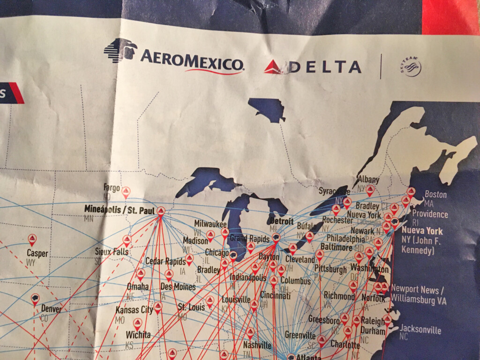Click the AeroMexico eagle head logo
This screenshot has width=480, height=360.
click(x=120, y=50)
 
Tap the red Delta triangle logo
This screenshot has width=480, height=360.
click(x=273, y=67)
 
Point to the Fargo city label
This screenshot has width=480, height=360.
click(x=112, y=187)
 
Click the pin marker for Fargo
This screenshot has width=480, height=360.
click(x=126, y=191)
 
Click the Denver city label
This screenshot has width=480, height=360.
click(x=51, y=309)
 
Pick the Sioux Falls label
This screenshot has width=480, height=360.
click(x=111, y=251)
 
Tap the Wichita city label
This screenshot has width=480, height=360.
click(x=138, y=335)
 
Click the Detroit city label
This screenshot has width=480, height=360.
click(x=281, y=221)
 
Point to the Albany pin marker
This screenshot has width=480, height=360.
click(x=370, y=190)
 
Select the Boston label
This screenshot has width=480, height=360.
click(x=435, y=195)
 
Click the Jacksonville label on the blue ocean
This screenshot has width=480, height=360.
click(x=420, y=330)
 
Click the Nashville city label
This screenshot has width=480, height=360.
click(x=257, y=345)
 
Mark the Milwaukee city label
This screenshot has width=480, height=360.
click(x=210, y=224)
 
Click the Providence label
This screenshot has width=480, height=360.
click(x=430, y=214)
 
